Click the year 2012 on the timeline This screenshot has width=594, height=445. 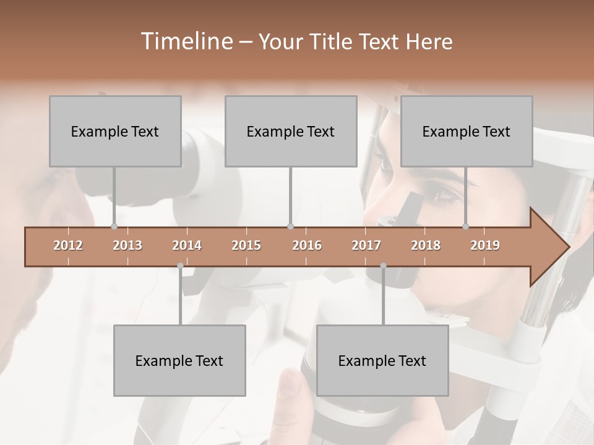(68, 245)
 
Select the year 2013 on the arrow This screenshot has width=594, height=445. (127, 245)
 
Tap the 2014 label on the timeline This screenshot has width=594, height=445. (187, 245)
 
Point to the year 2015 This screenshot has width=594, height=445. (246, 245)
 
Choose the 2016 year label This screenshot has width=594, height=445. (307, 245)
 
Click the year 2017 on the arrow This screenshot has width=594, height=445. (366, 245)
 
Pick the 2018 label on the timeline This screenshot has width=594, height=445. (426, 245)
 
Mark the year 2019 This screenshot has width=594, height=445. (485, 245)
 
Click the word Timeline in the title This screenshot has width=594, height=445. (186, 41)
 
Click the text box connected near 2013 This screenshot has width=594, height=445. (115, 131)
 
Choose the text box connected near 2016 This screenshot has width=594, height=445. (291, 131)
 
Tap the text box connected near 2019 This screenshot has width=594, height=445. (467, 131)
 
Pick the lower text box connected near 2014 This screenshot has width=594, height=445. (179, 360)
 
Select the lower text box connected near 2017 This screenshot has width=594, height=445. (382, 360)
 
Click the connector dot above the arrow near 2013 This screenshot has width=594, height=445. (114, 226)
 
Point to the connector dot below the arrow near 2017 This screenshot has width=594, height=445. (383, 266)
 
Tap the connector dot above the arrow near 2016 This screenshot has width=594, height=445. (290, 226)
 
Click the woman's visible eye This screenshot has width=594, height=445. (445, 197)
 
